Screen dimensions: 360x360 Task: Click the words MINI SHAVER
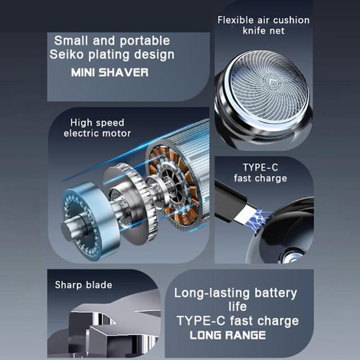click(110, 73)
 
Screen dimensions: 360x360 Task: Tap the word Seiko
click(66, 54)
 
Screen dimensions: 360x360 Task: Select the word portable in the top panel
click(145, 41)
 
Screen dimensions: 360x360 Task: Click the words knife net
click(263, 31)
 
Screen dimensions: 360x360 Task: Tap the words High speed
click(98, 123)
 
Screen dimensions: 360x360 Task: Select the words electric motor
click(98, 133)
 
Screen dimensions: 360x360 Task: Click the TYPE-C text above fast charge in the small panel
click(260, 167)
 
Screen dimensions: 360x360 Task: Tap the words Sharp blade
click(83, 285)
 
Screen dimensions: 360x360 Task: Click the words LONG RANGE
click(228, 335)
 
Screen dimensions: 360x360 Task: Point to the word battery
click(276, 293)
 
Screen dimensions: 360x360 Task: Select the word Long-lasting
click(212, 293)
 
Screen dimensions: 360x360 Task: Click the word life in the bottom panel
click(237, 306)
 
